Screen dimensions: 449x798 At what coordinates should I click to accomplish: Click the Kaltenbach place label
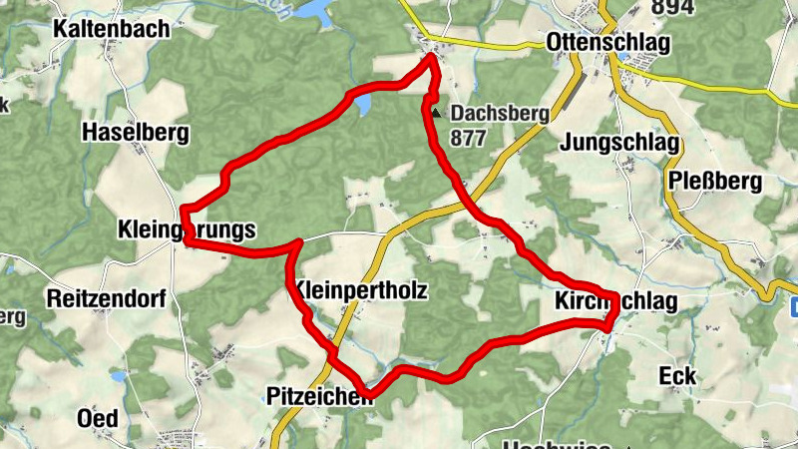click(112, 29)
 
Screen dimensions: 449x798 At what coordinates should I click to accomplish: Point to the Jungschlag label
click(619, 143)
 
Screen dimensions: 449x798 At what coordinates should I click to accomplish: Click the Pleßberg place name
click(716, 182)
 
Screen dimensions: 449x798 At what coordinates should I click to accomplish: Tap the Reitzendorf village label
click(103, 298)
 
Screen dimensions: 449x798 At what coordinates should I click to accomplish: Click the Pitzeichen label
click(319, 396)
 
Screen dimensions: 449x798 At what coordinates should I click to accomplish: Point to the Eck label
click(678, 376)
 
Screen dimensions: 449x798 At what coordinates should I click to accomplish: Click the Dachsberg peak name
click(500, 114)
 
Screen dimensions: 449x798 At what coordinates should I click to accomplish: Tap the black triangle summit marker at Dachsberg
click(435, 113)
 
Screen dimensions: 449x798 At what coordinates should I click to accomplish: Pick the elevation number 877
click(468, 138)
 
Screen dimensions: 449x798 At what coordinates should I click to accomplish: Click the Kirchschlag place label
click(615, 302)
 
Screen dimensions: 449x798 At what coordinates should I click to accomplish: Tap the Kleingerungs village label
click(186, 230)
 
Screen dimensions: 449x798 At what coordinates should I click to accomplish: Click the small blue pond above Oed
click(119, 377)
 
